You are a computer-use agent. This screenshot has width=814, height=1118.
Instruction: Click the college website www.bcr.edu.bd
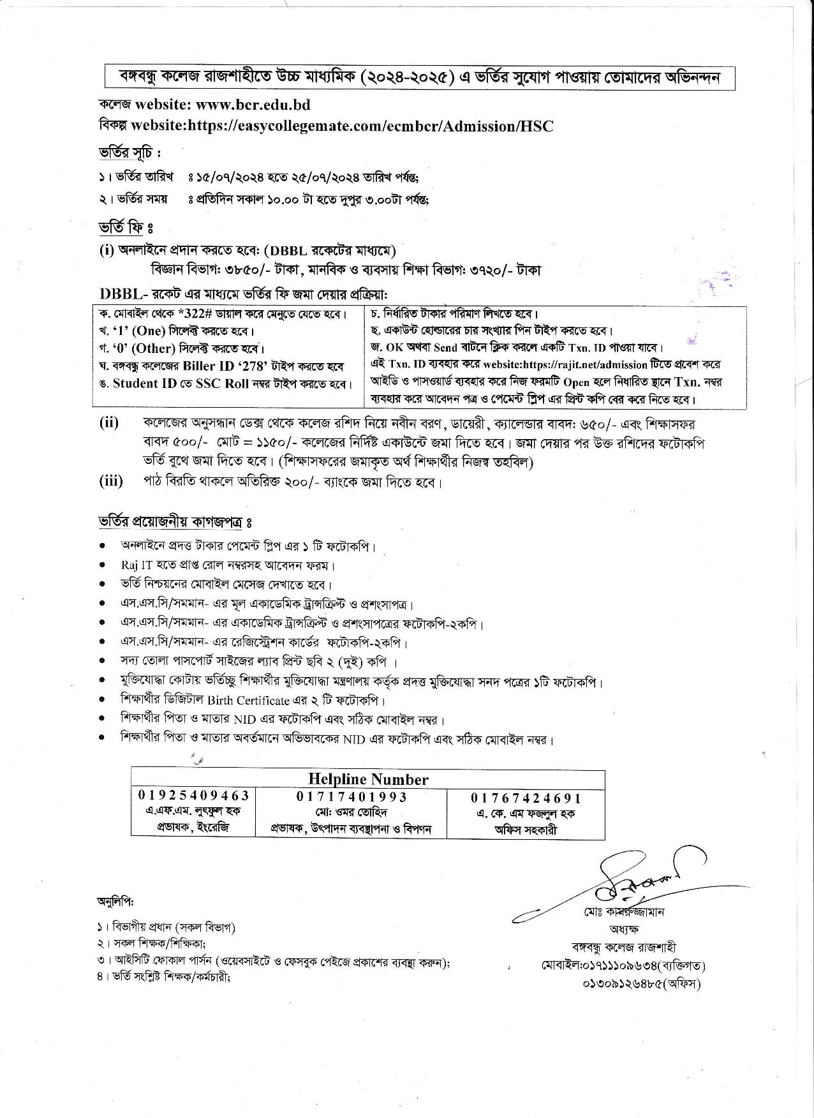point(253,104)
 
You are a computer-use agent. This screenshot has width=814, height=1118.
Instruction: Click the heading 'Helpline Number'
point(368,779)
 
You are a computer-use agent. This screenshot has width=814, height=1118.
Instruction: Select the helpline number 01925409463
point(194,796)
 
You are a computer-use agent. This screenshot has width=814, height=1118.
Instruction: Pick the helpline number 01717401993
point(352,797)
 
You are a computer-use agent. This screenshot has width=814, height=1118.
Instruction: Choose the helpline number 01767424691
point(526,798)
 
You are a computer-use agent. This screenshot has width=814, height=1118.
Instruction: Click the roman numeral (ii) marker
point(109,422)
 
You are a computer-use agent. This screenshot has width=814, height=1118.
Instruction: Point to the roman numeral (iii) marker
point(111,481)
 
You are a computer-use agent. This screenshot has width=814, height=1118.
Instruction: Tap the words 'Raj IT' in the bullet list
point(133,565)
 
